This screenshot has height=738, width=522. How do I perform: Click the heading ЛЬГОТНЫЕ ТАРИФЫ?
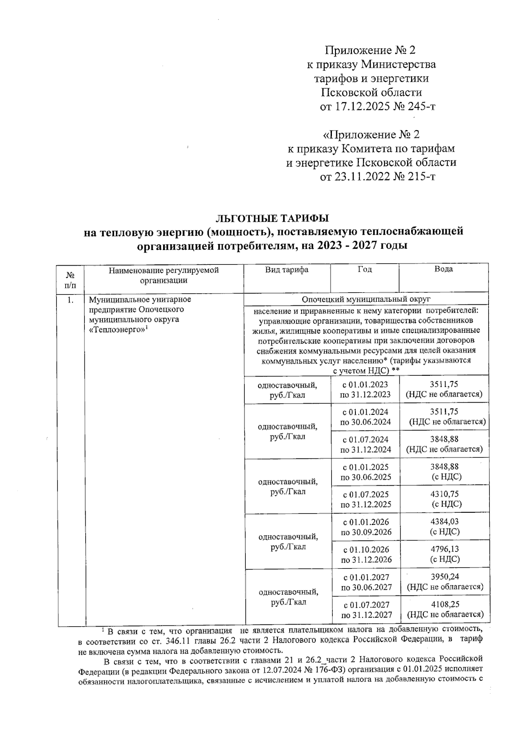[273, 217]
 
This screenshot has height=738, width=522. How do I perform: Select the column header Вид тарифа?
[287, 270]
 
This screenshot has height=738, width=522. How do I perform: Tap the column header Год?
[365, 270]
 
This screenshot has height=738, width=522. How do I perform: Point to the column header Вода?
[444, 269]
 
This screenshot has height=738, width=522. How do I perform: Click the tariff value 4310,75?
[444, 494]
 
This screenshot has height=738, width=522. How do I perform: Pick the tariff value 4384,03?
[444, 522]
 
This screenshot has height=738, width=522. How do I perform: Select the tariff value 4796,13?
[444, 550]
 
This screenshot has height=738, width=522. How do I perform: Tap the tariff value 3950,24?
[445, 577]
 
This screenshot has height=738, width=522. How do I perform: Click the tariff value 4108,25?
[445, 604]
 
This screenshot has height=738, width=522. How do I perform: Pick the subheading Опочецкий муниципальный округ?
[366, 300]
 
